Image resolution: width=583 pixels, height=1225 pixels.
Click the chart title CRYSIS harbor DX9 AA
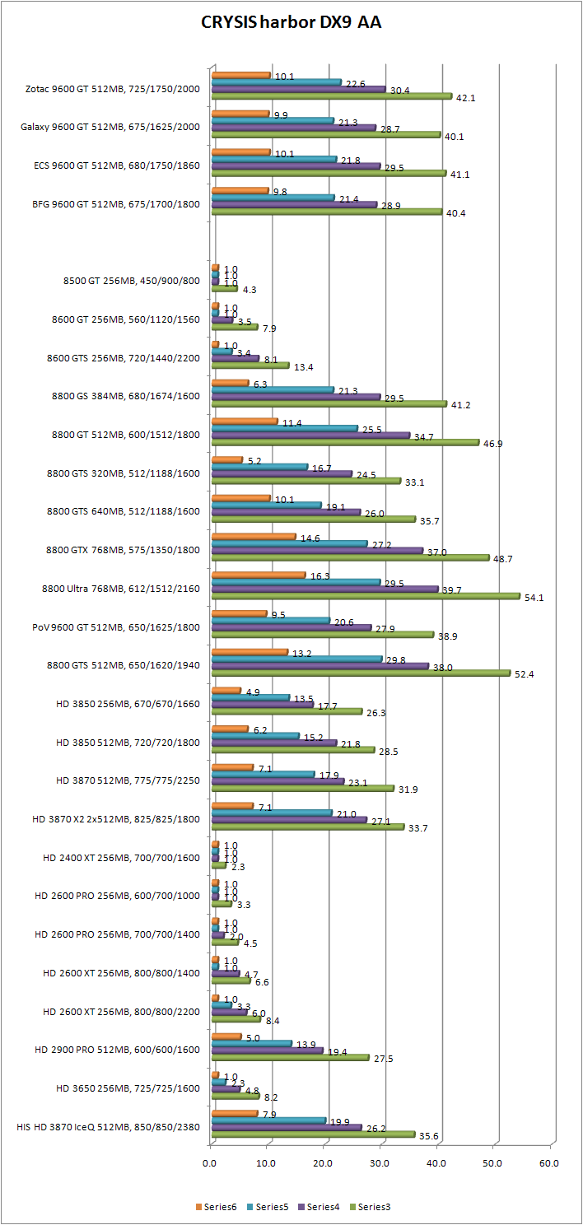tap(291, 23)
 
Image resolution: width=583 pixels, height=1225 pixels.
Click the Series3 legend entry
tap(371, 1207)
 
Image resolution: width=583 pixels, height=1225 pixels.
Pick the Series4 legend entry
tap(321, 1207)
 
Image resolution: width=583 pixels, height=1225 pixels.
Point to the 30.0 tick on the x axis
tap(380, 1163)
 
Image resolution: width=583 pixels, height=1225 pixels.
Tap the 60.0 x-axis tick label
tap(548, 1163)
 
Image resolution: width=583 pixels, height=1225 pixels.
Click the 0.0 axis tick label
tap(211, 1163)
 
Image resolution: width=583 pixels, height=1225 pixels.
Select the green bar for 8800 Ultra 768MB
tap(366, 596)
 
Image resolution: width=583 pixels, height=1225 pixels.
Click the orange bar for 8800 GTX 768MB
tap(253, 536)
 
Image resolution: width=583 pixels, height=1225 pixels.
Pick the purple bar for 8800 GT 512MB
tap(310, 435)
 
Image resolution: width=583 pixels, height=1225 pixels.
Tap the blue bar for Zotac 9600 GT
tap(276, 82)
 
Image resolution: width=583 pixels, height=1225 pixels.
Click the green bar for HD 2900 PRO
tap(290, 1057)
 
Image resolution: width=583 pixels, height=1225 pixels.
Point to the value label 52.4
tap(524, 673)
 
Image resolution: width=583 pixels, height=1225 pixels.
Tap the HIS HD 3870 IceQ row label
tap(108, 1126)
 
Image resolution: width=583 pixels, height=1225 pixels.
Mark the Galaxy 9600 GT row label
tap(110, 127)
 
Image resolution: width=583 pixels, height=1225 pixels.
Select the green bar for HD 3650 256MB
tap(236, 1096)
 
